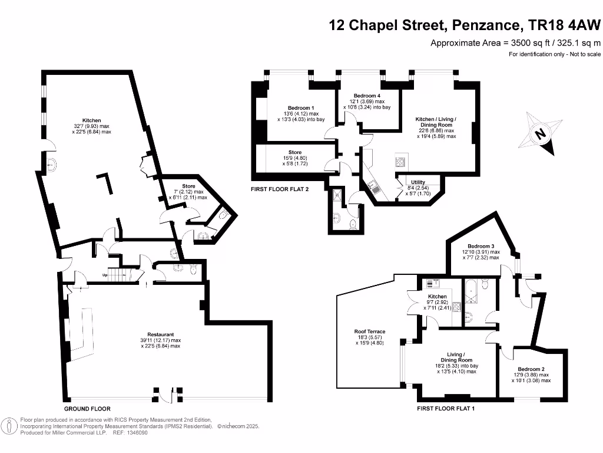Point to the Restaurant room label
coord(161,334)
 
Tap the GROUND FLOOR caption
coord(87,409)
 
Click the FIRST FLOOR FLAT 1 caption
coord(446,409)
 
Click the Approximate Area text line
coord(515,42)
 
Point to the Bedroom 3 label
coord(481,246)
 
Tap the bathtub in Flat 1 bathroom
coord(472,290)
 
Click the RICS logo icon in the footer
coord(10,425)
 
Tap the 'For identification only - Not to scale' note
coord(554,54)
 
